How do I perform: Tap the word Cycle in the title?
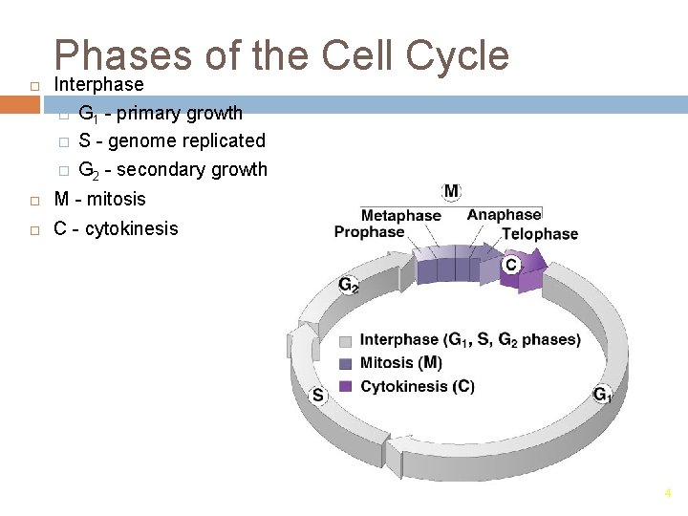[x=456, y=56]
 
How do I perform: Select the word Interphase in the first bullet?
[x=98, y=85]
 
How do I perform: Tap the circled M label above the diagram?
[x=451, y=191]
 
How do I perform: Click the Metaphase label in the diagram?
[x=400, y=215]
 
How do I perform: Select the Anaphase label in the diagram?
[x=504, y=215]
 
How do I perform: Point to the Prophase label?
[x=369, y=232]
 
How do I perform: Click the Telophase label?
[x=540, y=233]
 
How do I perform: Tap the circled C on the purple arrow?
[x=511, y=264]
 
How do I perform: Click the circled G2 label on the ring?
[x=349, y=285]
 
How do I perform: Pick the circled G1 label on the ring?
[x=602, y=394]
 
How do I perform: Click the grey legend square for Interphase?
[x=345, y=340]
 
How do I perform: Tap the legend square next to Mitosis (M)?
[x=345, y=363]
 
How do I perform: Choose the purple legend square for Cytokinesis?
[x=345, y=387]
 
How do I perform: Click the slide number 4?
[x=668, y=493]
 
